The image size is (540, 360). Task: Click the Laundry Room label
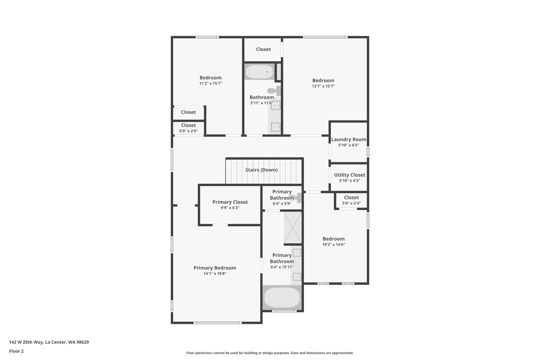[x=349, y=140]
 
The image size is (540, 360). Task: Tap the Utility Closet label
[x=349, y=175]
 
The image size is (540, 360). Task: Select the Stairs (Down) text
[x=261, y=170]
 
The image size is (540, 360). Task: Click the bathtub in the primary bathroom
[x=282, y=297]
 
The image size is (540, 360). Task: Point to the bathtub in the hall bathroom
[x=260, y=71]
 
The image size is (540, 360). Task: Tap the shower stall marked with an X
[x=292, y=228]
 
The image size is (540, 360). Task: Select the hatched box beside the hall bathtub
[x=278, y=72]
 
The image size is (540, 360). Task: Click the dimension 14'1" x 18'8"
[x=215, y=273]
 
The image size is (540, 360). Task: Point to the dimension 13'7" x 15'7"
[x=323, y=86]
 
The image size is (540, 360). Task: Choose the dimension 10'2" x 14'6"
[x=334, y=244]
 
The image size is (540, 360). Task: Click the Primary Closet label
[x=230, y=202]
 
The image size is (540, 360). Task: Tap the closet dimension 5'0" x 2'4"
[x=351, y=203]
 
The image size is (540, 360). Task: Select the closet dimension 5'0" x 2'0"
[x=188, y=131]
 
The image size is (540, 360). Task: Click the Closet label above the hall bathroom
[x=263, y=49]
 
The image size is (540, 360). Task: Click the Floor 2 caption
[x=16, y=351]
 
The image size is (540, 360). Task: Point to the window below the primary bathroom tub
[x=284, y=311]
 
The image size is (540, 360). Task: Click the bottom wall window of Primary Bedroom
[x=217, y=323]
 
